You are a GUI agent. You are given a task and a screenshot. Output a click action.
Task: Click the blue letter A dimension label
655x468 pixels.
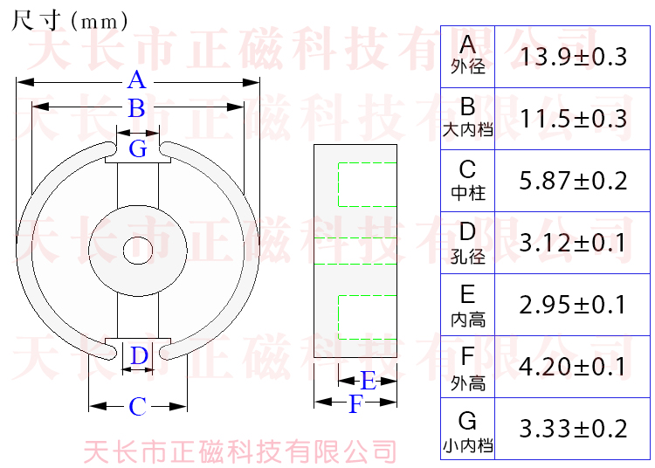click(x=136, y=81)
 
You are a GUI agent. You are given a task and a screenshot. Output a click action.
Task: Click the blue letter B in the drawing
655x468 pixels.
click(x=136, y=109)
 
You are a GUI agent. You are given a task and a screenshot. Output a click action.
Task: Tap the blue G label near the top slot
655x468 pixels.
click(x=138, y=148)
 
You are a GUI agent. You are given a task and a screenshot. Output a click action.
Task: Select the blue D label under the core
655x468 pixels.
click(x=139, y=356)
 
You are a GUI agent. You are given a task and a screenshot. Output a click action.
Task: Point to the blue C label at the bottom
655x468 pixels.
click(x=138, y=407)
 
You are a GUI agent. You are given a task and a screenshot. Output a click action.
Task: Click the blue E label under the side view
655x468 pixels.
click(x=368, y=381)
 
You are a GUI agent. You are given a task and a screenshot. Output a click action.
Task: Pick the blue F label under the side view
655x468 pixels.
click(x=355, y=404)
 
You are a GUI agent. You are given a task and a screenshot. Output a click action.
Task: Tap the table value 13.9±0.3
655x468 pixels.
click(x=574, y=58)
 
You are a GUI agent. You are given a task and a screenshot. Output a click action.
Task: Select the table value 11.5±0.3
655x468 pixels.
click(x=574, y=120)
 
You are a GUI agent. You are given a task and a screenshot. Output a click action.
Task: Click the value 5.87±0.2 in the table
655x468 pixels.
click(x=574, y=182)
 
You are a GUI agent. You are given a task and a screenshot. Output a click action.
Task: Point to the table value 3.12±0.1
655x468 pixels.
click(x=574, y=244)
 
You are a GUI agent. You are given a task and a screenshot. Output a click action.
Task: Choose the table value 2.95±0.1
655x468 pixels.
click(x=574, y=305)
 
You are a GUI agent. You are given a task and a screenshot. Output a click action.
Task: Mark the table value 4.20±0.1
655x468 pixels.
click(x=574, y=367)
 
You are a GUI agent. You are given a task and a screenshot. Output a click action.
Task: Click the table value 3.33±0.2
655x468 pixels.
click(x=574, y=429)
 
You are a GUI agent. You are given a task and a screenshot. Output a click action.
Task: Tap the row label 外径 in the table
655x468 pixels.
click(x=468, y=67)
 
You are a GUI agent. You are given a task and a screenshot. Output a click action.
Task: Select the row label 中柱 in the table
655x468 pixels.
click(x=468, y=193)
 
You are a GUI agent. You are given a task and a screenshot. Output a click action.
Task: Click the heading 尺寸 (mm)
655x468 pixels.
click(x=70, y=20)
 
